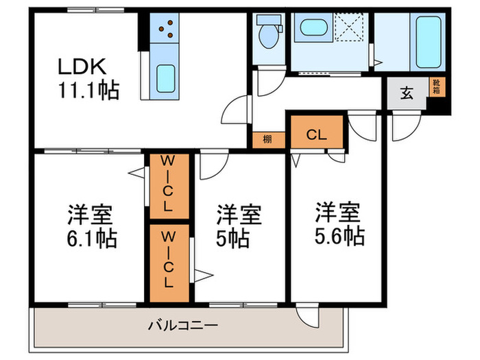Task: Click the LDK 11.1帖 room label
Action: (87, 79)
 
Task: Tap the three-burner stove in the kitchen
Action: (165, 29)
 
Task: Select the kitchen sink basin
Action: (165, 78)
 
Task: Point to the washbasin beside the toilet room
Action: (314, 31)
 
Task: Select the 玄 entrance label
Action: (407, 95)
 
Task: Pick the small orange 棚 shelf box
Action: (267, 140)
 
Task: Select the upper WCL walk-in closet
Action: (167, 184)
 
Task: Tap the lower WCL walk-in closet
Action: (167, 262)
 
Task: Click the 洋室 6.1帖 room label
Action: (91, 227)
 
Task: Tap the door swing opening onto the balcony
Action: (303, 314)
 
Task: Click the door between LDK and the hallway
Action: (239, 110)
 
